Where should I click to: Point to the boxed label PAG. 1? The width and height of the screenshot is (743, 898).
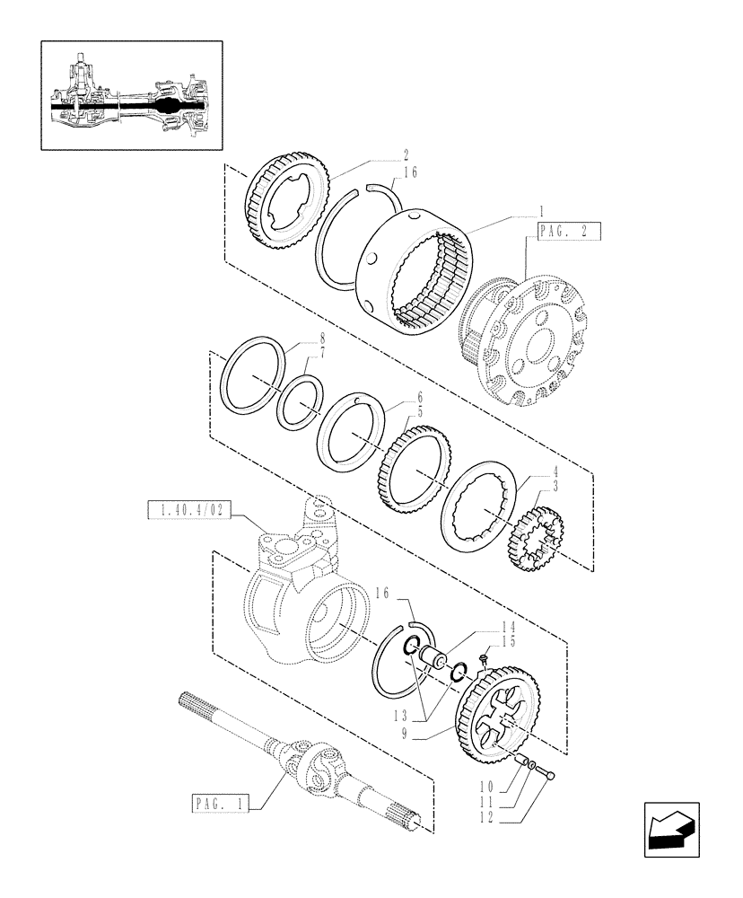tap(221, 801)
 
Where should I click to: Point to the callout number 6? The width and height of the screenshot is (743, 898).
tap(419, 399)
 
